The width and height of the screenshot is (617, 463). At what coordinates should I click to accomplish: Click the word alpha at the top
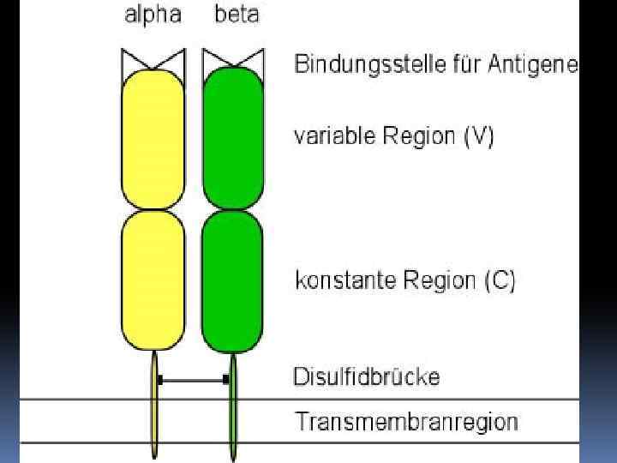[153, 16]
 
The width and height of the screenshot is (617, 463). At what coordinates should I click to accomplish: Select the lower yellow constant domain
[153, 280]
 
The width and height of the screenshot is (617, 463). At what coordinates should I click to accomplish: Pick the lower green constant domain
[232, 280]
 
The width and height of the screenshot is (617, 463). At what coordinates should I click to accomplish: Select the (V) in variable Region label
[478, 137]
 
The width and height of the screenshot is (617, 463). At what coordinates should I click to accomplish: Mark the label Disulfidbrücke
[366, 376]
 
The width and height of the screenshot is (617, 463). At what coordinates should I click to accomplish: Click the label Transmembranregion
[406, 422]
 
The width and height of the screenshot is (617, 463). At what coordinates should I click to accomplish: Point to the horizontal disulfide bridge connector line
[193, 379]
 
